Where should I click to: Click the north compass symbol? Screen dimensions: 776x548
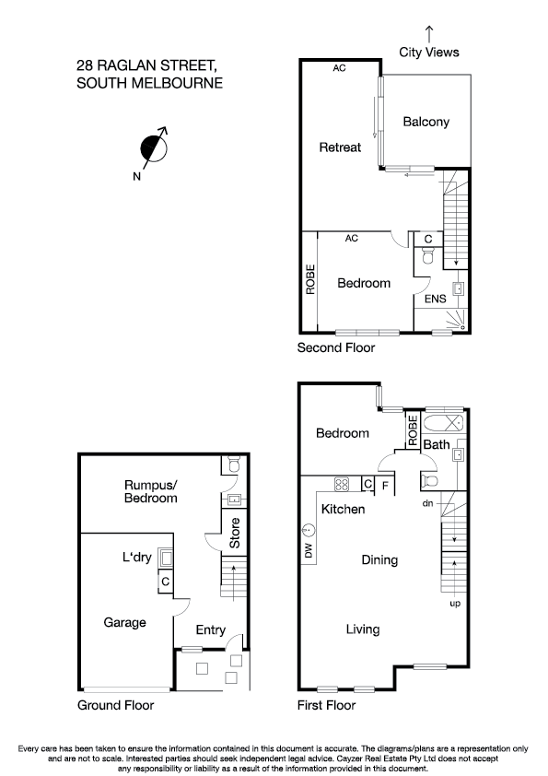154,147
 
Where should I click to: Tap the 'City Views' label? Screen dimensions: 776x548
428,53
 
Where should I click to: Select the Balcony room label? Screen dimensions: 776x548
426,122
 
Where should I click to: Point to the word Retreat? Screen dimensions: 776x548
340,147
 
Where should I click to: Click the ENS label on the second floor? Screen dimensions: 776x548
435,299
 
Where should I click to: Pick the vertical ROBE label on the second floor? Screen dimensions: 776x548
310,280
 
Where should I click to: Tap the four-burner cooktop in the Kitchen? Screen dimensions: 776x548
340,484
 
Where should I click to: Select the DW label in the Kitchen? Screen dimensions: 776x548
308,550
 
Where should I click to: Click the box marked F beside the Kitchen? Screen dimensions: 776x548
384,484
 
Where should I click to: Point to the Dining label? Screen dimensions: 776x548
379,559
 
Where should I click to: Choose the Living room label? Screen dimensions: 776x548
363,629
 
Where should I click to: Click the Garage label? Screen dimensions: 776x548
124,622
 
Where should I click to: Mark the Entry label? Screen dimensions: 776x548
211,629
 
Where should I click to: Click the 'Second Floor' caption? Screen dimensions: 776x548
335,348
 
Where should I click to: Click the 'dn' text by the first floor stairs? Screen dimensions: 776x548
427,503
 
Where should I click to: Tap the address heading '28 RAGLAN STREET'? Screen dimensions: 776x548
147,66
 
